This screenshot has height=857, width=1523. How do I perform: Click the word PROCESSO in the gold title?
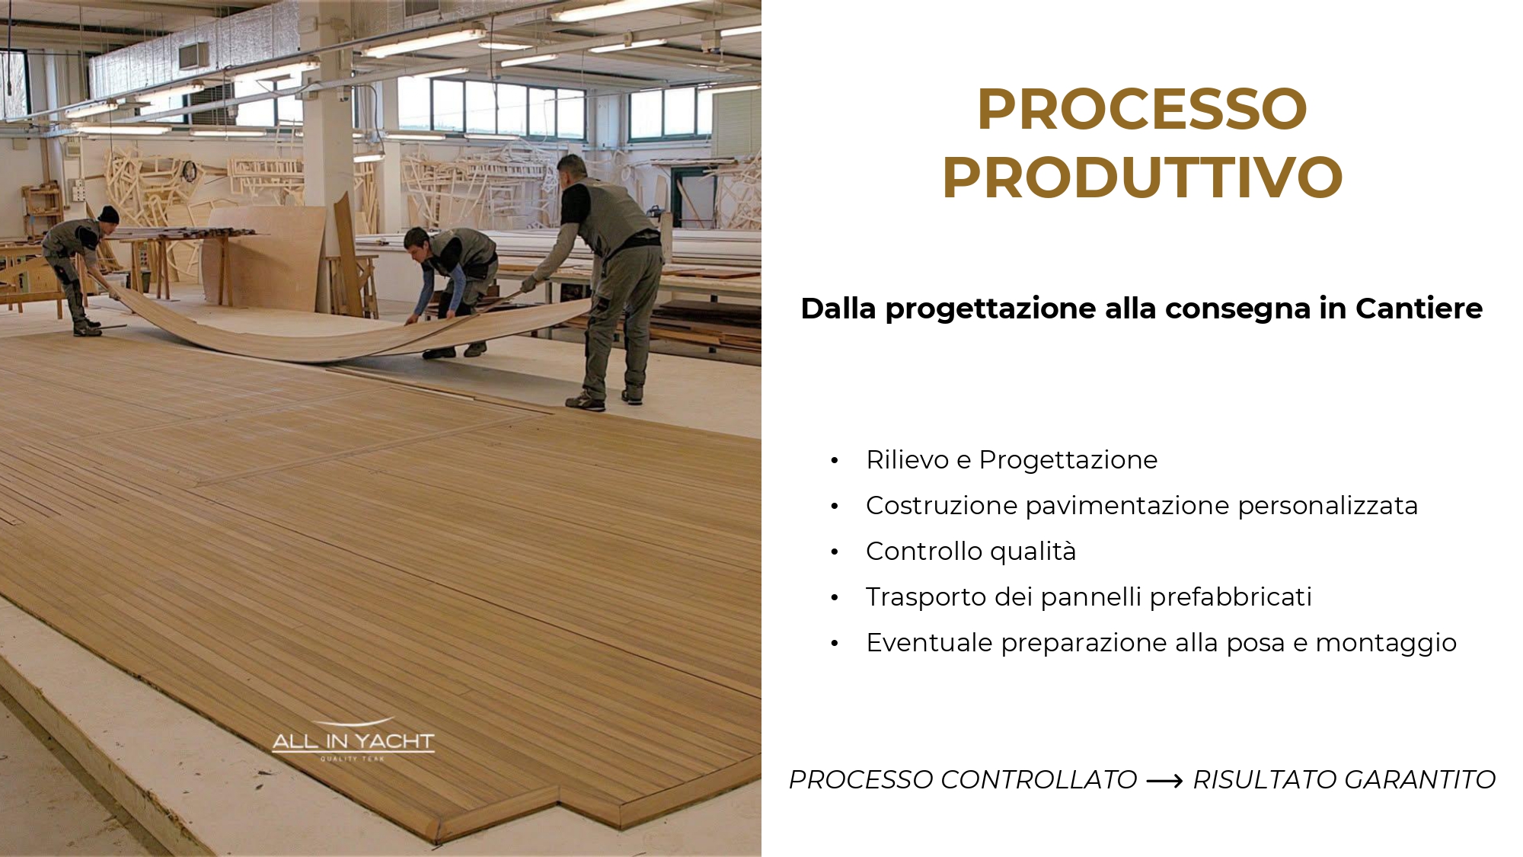(x=1142, y=109)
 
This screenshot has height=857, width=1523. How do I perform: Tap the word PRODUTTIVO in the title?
(x=1142, y=177)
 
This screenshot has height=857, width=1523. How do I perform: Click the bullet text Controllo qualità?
(x=971, y=551)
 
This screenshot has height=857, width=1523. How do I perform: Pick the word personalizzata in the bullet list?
(x=1328, y=506)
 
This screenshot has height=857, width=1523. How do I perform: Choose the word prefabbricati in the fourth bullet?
(x=1231, y=596)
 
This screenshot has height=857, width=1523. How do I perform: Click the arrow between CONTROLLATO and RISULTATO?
(x=1164, y=781)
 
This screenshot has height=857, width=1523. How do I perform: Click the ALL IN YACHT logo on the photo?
(x=353, y=740)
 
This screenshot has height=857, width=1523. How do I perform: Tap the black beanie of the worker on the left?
(x=109, y=214)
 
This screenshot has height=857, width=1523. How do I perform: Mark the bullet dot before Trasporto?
(x=835, y=598)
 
